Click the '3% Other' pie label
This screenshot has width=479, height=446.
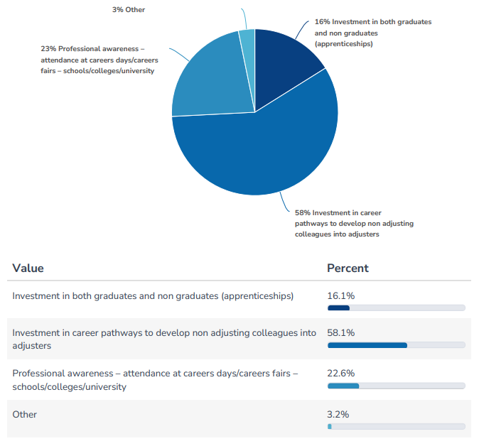pyautogui.click(x=128, y=10)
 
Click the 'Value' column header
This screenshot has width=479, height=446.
pyautogui.click(x=28, y=268)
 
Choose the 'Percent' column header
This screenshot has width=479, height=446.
pyautogui.click(x=348, y=268)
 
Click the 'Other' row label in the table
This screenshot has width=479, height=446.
pyautogui.click(x=24, y=414)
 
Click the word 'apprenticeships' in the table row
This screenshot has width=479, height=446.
pyautogui.click(x=256, y=295)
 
